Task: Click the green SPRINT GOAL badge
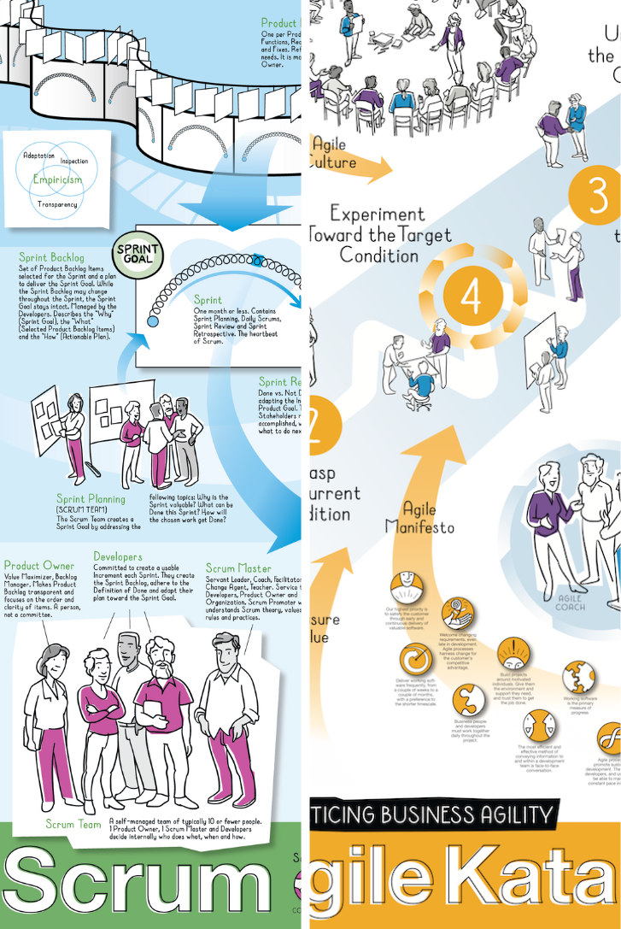(138, 254)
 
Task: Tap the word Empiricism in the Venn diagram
(57, 179)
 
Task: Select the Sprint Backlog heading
(52, 257)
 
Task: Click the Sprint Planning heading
(91, 499)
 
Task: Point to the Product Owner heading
(39, 566)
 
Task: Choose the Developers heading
(118, 556)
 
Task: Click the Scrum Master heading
(238, 568)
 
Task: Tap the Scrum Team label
(73, 824)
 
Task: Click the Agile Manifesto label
(419, 518)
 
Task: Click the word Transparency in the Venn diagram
(57, 204)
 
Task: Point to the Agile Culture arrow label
(330, 153)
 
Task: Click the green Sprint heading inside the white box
(208, 300)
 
